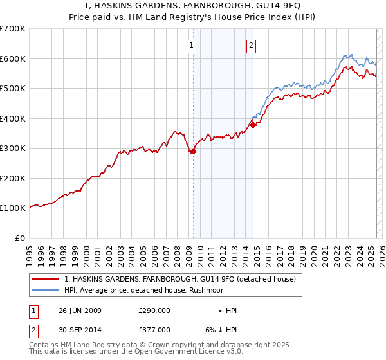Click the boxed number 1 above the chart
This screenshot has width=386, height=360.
pyautogui.click(x=192, y=45)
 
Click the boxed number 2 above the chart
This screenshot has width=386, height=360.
pyautogui.click(x=250, y=45)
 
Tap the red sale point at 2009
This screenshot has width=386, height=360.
pyautogui.click(x=192, y=152)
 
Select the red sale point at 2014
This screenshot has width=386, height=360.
pyautogui.click(x=253, y=125)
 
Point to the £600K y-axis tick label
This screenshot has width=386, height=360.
pyautogui.click(x=12, y=59)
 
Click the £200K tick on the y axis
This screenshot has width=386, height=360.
pyautogui.click(x=12, y=178)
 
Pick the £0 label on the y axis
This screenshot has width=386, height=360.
pyautogui.click(x=21, y=238)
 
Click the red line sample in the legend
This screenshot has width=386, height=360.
pyautogui.click(x=46, y=279)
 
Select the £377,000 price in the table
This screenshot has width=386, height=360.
pyautogui.click(x=154, y=330)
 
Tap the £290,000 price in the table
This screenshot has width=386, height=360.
pyautogui.click(x=154, y=310)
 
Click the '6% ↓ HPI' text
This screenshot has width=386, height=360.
pyautogui.click(x=223, y=330)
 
